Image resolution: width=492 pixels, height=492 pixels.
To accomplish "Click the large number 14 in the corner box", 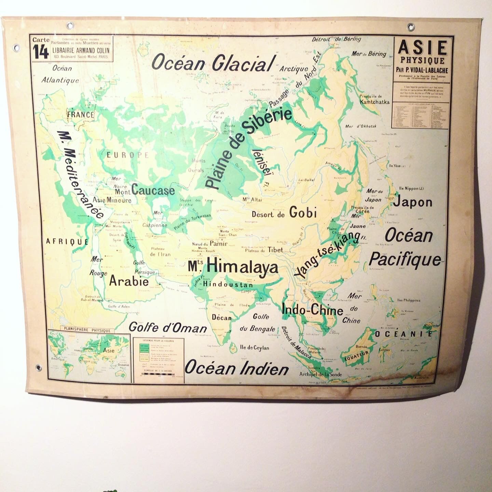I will tap(41, 52).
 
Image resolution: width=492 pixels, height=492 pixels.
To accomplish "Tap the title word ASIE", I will tap(423, 47).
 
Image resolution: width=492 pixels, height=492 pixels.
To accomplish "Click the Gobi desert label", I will tap(303, 213).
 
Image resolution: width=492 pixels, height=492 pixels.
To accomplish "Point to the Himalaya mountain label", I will tap(242, 266).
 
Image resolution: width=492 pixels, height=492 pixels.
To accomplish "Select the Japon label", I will tap(413, 202).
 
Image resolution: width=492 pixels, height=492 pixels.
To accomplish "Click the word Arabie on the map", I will tap(129, 281).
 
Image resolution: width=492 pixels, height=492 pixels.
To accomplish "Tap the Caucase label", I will tap(153, 190).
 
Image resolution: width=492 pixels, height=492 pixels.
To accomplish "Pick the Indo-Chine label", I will tap(312, 310).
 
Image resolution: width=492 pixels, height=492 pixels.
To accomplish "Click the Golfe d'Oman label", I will tap(168, 328).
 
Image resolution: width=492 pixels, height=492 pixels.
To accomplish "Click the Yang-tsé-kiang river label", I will tap(327, 254).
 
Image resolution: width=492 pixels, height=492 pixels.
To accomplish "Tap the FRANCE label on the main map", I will tap(81, 115).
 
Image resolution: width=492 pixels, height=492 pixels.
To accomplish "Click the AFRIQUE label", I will tap(67, 242).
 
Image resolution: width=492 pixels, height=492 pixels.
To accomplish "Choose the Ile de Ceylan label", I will tap(255, 348).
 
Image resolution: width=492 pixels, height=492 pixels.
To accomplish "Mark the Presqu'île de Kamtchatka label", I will tap(374, 99).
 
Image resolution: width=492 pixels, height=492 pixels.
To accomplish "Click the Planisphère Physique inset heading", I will tap(87, 330).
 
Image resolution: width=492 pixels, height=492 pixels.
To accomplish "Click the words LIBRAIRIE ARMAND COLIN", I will tap(81, 50).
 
